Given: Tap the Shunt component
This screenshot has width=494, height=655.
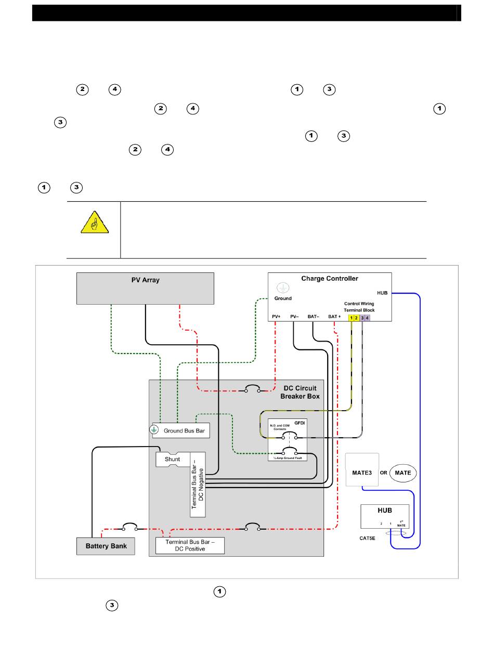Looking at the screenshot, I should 172,459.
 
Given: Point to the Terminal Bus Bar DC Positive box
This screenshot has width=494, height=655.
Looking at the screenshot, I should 190,545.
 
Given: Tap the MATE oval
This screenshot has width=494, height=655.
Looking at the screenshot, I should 403,473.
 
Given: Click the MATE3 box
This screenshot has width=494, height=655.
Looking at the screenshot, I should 362,470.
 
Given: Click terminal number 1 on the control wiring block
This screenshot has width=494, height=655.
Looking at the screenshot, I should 352,317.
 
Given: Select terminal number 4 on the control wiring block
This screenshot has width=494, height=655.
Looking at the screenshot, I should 367,317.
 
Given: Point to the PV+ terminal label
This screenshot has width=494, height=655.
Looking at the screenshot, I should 276,316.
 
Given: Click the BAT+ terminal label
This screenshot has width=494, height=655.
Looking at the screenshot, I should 335,316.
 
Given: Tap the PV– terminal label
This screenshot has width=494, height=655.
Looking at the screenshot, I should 294,316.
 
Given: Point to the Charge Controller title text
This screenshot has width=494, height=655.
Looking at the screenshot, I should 330,279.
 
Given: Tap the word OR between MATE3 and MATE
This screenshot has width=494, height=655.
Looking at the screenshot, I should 384,473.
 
